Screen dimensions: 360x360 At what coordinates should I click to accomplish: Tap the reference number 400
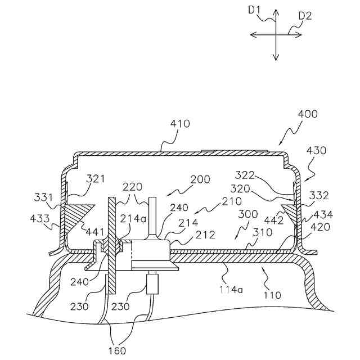[x=307, y=114]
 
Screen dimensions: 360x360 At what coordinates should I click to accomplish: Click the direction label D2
[x=305, y=16]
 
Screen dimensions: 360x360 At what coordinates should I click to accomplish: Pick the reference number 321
[x=96, y=179]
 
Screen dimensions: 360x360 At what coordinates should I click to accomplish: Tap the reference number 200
[x=200, y=179]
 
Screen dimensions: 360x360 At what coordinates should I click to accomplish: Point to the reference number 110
[x=272, y=294]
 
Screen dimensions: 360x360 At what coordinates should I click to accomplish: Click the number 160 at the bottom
[x=118, y=350]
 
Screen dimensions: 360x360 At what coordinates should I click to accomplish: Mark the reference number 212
[x=205, y=235]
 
